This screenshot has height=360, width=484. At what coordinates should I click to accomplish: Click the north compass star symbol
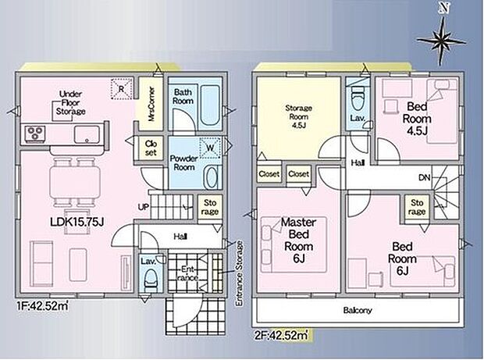coord(442,41)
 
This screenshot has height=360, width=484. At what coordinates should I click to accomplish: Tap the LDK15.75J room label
coord(77,221)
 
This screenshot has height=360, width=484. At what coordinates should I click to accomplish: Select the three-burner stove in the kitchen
coord(34,134)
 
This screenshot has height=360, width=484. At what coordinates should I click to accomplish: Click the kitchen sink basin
coord(87,134)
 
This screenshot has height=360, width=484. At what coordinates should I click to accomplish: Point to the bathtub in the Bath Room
coord(210,105)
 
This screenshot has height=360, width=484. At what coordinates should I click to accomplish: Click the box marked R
coord(122,89)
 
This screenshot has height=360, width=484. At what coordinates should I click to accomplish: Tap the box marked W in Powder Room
coord(210,148)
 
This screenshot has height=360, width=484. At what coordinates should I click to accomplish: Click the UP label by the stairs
coord(144,207)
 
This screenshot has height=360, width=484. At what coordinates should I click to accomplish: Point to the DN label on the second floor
coord(425,177)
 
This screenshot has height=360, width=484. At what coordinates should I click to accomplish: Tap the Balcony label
coord(358,310)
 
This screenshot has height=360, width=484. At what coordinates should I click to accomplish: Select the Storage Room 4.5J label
coord(298,116)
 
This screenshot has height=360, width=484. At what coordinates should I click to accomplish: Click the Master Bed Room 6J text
coord(298,241)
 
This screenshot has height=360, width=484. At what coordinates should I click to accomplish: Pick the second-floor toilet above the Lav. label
coord(358,100)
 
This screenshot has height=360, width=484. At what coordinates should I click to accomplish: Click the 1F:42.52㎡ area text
coord(43,306)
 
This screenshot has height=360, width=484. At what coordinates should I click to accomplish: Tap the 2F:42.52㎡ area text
coord(281,335)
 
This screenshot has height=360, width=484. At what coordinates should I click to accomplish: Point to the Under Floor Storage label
coord(71,103)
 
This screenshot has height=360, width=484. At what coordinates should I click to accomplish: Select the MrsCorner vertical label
coord(151,104)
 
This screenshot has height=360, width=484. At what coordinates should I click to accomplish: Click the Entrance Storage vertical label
coord(239,273)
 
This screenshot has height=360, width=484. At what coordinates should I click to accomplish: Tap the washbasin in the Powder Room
coord(212,177)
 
